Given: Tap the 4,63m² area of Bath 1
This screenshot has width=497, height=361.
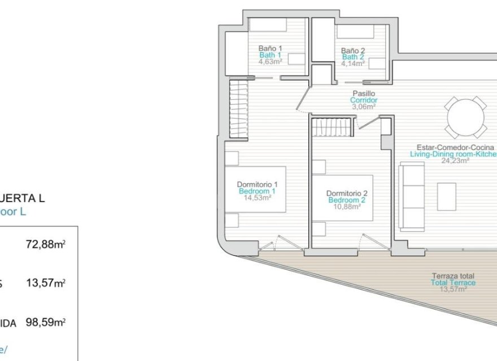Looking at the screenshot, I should click(270, 62).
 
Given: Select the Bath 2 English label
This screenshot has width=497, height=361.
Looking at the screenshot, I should click(353, 57).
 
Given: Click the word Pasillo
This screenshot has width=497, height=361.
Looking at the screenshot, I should click(364, 94).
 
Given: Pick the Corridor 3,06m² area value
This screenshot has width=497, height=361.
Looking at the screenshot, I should click(364, 107).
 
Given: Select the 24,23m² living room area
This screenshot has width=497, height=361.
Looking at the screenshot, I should click(455, 160).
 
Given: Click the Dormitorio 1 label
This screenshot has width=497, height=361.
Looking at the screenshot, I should click(258, 184).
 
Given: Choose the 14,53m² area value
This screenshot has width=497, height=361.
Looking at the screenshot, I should click(258, 198).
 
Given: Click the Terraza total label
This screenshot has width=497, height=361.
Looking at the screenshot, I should click(453, 276).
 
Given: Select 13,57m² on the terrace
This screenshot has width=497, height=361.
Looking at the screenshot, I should click(453, 289).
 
